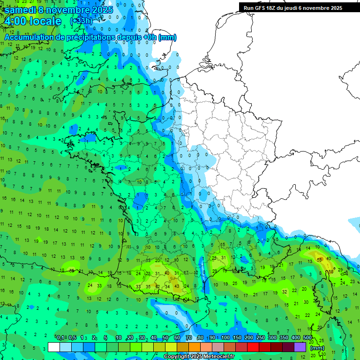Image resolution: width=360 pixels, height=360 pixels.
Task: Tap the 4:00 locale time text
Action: (x=32, y=22)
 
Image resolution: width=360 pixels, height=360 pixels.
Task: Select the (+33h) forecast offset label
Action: (x=81, y=21)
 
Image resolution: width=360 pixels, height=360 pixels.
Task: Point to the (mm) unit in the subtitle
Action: (x=167, y=37)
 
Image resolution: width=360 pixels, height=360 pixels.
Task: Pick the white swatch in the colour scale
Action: (x=54, y=347)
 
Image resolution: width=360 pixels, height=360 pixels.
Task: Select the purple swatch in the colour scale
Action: (x=300, y=347)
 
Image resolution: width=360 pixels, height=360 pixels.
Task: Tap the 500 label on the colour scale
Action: (x=307, y=338)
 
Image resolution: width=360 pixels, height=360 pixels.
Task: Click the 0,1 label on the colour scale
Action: (x=60, y=338)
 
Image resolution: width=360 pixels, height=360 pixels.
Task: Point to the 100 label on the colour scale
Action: (x=225, y=338)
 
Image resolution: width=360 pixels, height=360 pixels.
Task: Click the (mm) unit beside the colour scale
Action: (x=317, y=348)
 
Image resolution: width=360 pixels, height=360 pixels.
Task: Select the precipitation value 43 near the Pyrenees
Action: (x=176, y=286)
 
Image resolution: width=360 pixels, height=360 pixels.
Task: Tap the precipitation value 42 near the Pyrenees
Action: (x=157, y=286)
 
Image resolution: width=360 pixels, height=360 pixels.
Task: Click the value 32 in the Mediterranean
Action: (x=285, y=292)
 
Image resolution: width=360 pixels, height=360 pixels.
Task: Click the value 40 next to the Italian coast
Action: (x=329, y=259)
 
